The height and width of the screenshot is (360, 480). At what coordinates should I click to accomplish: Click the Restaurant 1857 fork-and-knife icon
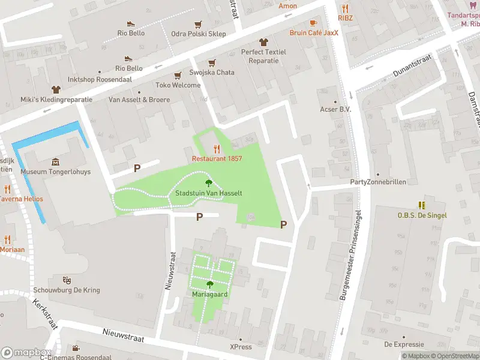(x=217, y=148)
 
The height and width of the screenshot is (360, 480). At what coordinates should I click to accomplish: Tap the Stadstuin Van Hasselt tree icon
(x=209, y=183)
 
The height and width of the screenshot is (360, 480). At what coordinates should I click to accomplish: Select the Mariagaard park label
(x=209, y=295)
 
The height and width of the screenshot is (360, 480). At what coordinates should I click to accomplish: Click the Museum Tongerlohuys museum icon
(x=56, y=162)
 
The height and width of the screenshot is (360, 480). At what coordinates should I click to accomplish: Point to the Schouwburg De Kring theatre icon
(x=67, y=280)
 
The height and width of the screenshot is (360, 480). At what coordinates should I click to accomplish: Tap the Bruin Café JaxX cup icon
(x=313, y=23)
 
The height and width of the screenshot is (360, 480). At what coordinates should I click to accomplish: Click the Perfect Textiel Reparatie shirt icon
(x=263, y=42)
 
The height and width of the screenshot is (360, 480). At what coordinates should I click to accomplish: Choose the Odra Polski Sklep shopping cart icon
(x=199, y=24)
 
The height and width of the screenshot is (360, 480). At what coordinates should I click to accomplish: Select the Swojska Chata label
(x=212, y=73)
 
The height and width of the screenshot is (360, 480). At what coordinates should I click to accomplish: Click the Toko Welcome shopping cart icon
(x=178, y=76)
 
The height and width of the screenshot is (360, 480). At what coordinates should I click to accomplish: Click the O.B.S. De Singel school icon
(x=422, y=205)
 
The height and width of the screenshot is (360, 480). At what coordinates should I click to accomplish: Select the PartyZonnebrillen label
(x=378, y=182)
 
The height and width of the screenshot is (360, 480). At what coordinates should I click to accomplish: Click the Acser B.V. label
(x=335, y=109)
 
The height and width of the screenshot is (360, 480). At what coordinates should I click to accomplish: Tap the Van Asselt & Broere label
(x=139, y=100)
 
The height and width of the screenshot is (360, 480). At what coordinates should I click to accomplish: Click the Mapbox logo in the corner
(x=25, y=352)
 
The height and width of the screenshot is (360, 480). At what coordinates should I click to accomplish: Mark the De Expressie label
(x=404, y=344)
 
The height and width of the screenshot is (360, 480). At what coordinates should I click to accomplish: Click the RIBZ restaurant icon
(x=345, y=8)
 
